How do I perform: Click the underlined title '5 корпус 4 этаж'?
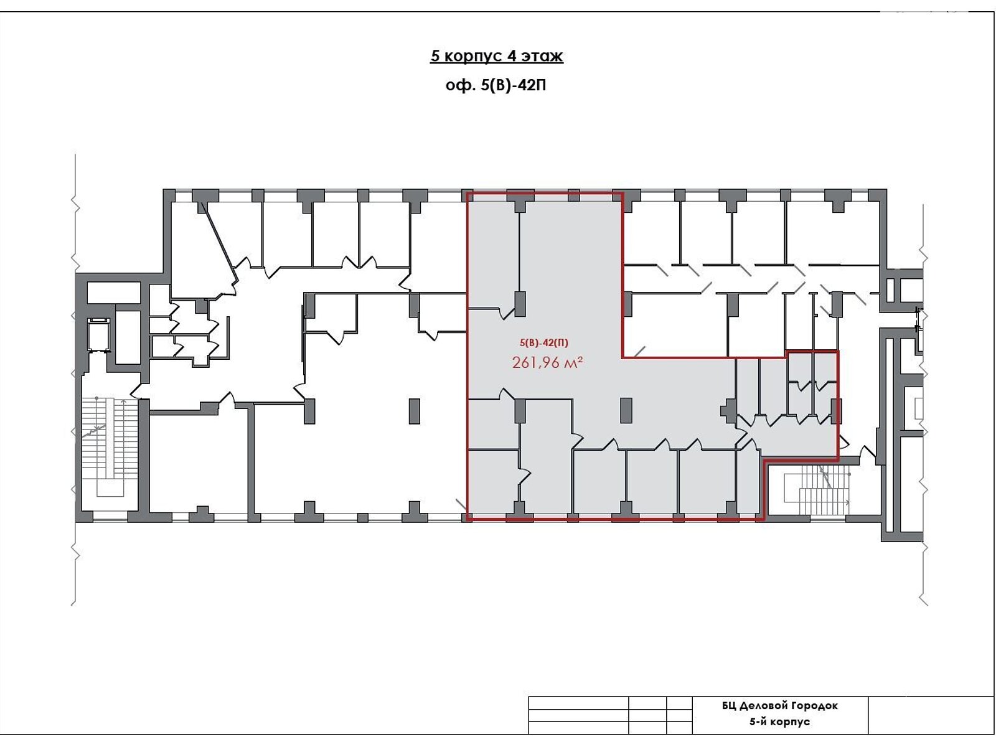pyautogui.click(x=496, y=56)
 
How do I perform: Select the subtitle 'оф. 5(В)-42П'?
pyautogui.click(x=496, y=85)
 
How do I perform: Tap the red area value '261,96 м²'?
pyautogui.click(x=547, y=362)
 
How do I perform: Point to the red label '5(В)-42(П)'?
pyautogui.click(x=543, y=343)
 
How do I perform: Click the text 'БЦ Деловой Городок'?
pyautogui.click(x=779, y=706)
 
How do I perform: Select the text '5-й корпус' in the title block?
pyautogui.click(x=779, y=721)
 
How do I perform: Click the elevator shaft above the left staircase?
pyautogui.click(x=100, y=335)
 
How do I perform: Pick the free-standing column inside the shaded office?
pyautogui.click(x=626, y=410)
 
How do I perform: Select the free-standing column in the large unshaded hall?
pyautogui.click(x=414, y=411)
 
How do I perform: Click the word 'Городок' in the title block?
pyautogui.click(x=815, y=706)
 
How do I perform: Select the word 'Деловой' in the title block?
pyautogui.click(x=764, y=706)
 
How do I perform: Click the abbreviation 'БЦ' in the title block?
pyautogui.click(x=729, y=706)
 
